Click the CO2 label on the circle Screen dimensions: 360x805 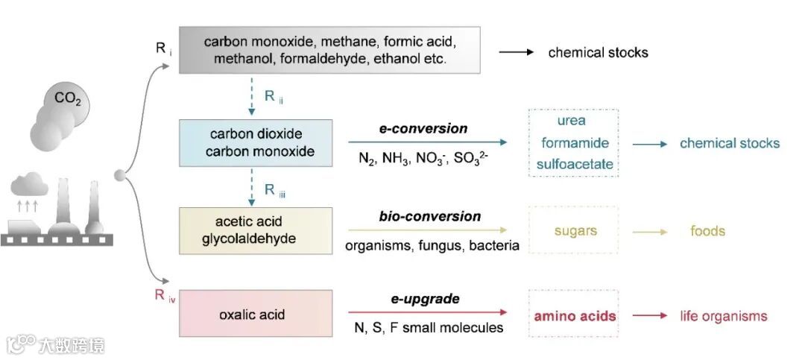click(x=68, y=98)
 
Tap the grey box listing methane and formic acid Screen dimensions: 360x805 click(x=329, y=49)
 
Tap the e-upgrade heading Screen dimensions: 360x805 click(x=425, y=299)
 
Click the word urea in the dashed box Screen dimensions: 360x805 click(x=571, y=121)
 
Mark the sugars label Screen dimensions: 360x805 click(x=575, y=230)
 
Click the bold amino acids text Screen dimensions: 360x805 click(x=575, y=316)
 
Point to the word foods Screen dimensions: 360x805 click(x=707, y=231)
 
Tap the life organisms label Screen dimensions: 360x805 click(x=723, y=316)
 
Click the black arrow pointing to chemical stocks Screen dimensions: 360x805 click(x=517, y=52)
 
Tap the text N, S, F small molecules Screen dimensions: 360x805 click(x=425, y=328)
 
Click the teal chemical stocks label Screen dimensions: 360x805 click(x=729, y=143)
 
